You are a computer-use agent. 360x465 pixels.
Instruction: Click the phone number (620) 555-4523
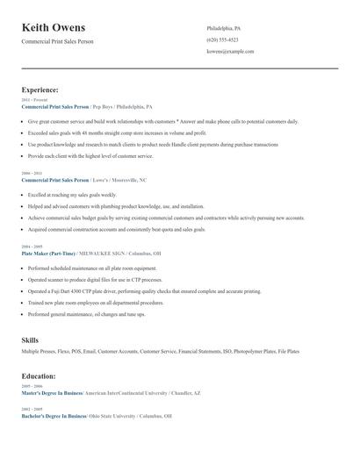click(x=222, y=39)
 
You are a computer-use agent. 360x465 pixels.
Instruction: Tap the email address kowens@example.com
click(x=230, y=51)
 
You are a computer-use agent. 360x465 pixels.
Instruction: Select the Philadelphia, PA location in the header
click(x=223, y=28)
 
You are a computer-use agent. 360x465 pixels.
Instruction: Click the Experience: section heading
click(x=40, y=89)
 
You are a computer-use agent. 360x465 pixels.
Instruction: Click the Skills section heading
click(x=30, y=340)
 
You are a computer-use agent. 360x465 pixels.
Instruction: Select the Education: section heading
click(x=39, y=376)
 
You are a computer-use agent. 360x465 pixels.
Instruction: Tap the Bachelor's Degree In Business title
click(x=54, y=416)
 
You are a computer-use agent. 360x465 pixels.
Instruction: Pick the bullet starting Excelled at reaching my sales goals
click(x=72, y=195)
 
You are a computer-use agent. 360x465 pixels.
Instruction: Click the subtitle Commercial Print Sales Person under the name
click(x=57, y=41)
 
